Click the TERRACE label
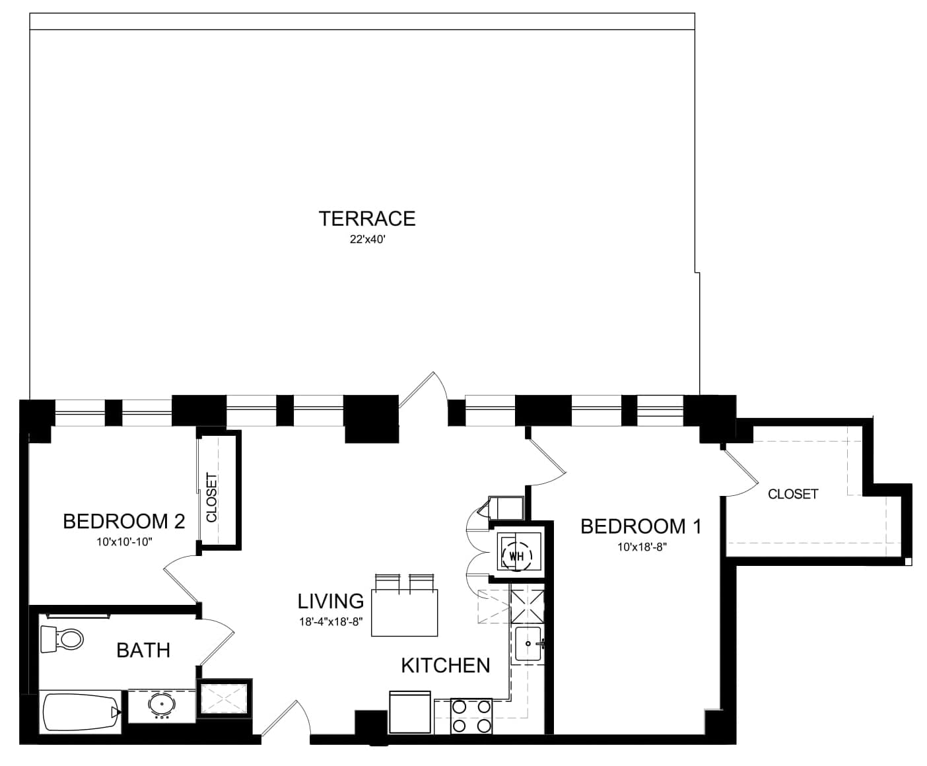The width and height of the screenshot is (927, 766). (367, 219)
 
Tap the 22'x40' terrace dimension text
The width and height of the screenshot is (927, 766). (367, 239)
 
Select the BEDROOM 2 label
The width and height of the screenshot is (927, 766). (124, 521)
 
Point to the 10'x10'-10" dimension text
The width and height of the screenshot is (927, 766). (124, 542)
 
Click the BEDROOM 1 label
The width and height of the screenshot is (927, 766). (641, 526)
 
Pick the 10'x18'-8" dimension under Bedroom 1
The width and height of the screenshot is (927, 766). (642, 547)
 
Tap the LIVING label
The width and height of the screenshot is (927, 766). (331, 602)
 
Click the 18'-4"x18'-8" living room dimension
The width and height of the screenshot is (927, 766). (331, 621)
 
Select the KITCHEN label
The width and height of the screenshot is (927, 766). (446, 666)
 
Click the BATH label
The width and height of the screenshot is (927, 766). (143, 650)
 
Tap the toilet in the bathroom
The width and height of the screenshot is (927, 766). (61, 639)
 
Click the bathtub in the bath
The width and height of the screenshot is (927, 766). (81, 713)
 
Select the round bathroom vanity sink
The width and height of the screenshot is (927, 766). (162, 705)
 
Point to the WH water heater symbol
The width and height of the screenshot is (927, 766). (517, 556)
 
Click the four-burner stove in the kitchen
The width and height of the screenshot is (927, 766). (471, 716)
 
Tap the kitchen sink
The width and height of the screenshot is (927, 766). (528, 644)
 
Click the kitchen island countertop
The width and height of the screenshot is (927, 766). (405, 613)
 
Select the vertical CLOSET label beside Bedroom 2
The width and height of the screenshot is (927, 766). (212, 497)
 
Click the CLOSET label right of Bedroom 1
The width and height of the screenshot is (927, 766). (793, 494)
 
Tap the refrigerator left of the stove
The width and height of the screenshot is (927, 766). (410, 712)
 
